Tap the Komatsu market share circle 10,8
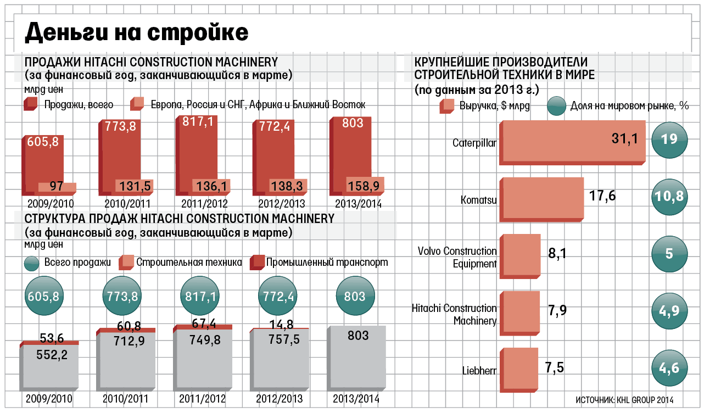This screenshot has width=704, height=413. (x=669, y=196)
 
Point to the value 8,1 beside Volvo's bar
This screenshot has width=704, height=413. (x=558, y=253)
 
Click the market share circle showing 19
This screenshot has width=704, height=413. (x=669, y=139)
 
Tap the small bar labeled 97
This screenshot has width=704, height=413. (x=57, y=187)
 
